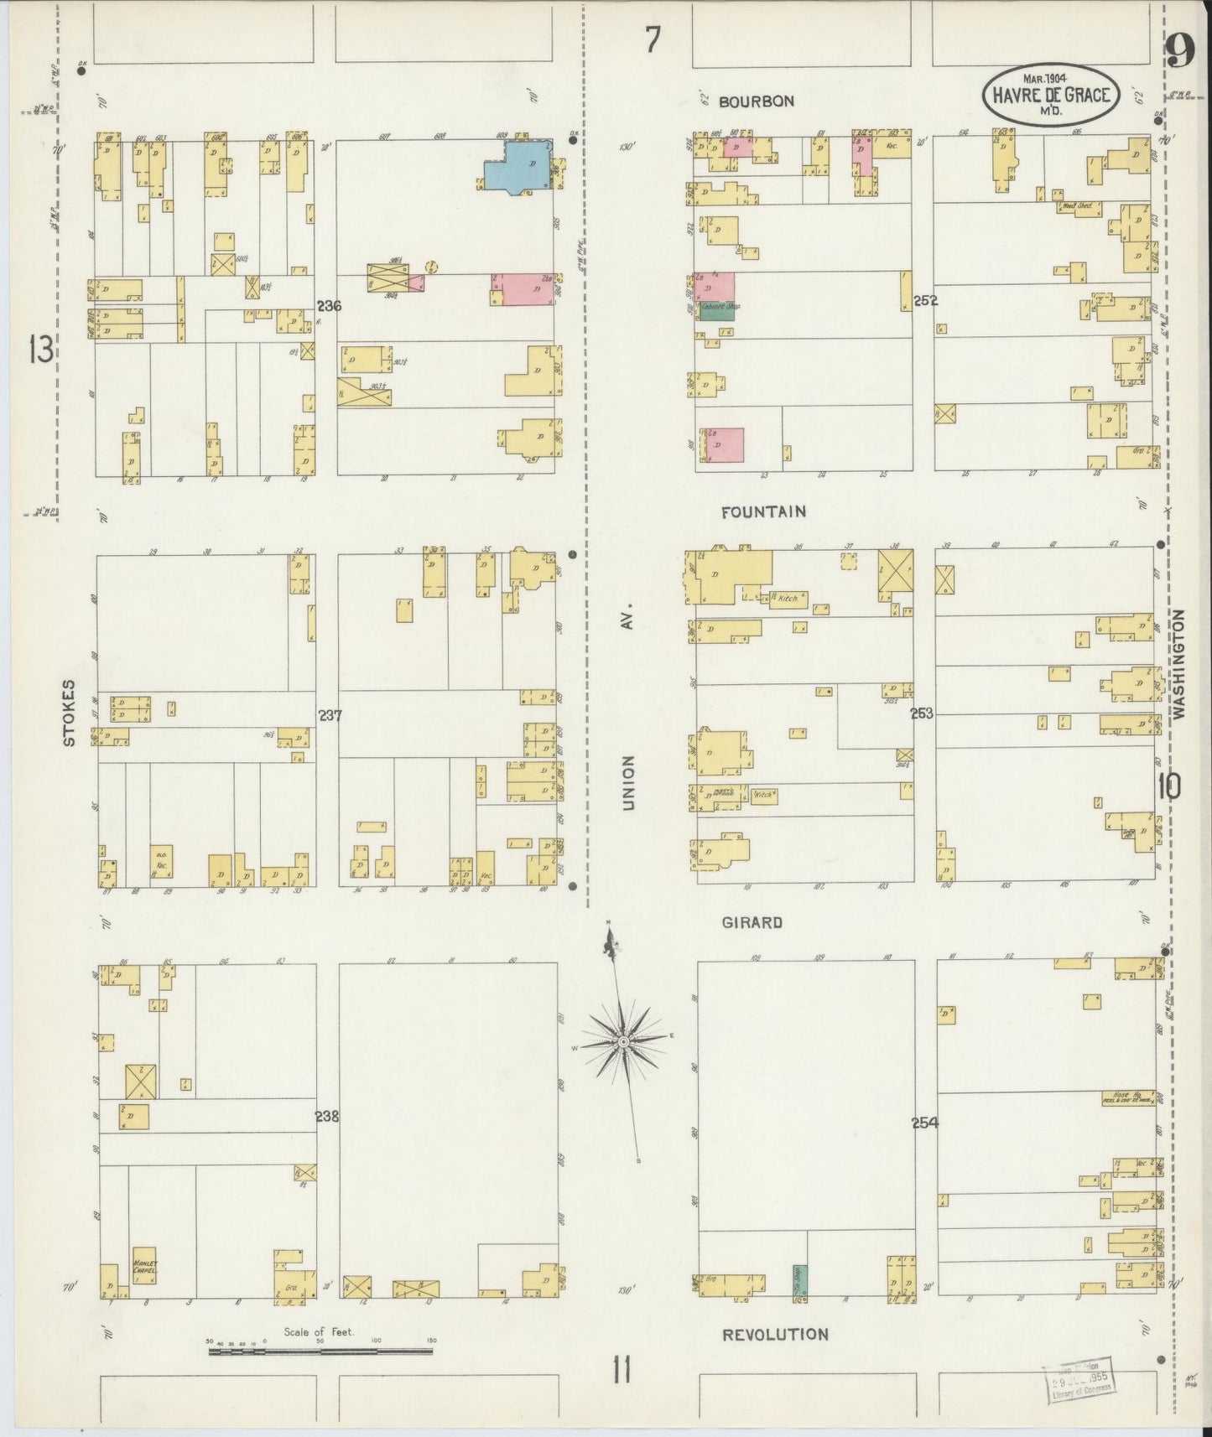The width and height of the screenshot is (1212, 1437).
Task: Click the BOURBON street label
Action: click(756, 101)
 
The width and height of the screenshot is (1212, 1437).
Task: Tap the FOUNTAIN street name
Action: click(763, 511)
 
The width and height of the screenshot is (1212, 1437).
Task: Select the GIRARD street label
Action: click(752, 922)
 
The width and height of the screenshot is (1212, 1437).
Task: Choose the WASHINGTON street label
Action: click(1178, 663)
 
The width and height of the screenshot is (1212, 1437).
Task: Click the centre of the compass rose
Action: click(623, 1041)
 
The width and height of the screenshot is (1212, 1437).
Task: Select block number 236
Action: click(329, 307)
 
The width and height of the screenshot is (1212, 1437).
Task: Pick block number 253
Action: click(922, 714)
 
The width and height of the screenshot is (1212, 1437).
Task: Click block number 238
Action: click(327, 1117)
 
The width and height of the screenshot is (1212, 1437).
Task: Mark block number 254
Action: click(924, 1123)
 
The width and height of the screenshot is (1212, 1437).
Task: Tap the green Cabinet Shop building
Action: click(713, 311)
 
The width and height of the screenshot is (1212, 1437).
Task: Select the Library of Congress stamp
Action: click(1080, 1377)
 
